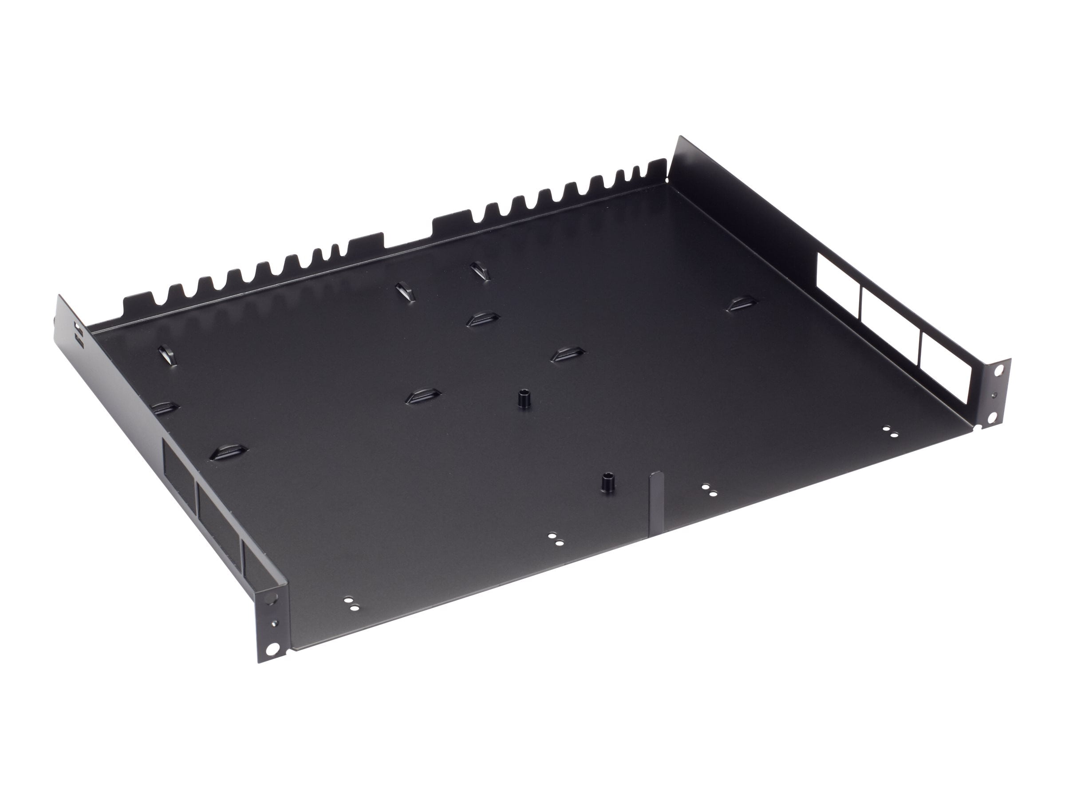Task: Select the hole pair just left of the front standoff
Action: [555, 538]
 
